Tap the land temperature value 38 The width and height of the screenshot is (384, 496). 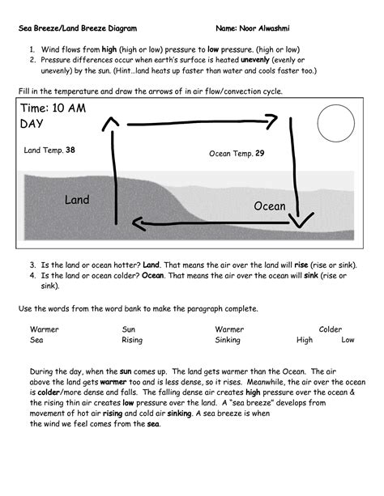(70, 150)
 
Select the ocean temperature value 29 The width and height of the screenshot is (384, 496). (259, 154)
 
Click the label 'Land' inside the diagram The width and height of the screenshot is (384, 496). (77, 199)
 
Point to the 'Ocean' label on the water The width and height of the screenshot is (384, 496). (270, 206)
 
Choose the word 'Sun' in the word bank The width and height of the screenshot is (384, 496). (129, 329)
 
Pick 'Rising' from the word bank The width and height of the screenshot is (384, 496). (132, 340)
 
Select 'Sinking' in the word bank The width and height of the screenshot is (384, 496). (228, 340)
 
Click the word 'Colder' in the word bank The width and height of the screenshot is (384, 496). (331, 329)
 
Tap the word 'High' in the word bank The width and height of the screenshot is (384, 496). (305, 340)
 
